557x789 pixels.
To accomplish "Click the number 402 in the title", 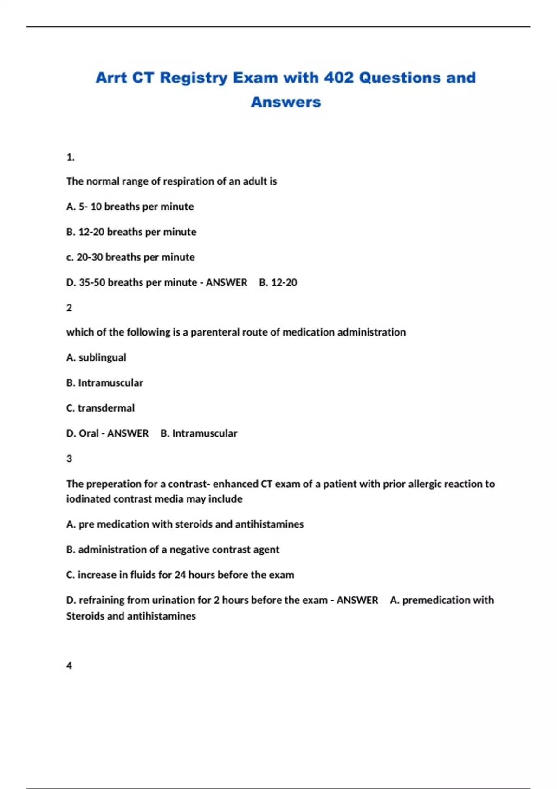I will pyautogui.click(x=339, y=78).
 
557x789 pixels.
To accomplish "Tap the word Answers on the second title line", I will pyautogui.click(x=285, y=102).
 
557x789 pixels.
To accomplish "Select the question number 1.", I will pyautogui.click(x=70, y=157).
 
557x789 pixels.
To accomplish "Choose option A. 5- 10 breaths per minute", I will pyautogui.click(x=130, y=207).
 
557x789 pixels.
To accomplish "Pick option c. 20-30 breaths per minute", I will pyautogui.click(x=130, y=257).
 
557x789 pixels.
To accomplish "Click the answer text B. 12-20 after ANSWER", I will pyautogui.click(x=278, y=283).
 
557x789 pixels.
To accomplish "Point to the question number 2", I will pyautogui.click(x=69, y=308).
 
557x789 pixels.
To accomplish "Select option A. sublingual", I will pyautogui.click(x=96, y=357).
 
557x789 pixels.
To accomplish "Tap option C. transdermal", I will pyautogui.click(x=100, y=408).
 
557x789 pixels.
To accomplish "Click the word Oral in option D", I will pyautogui.click(x=89, y=433).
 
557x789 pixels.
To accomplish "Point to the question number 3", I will pyautogui.click(x=69, y=459).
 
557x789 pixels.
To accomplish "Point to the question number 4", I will pyautogui.click(x=69, y=666).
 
